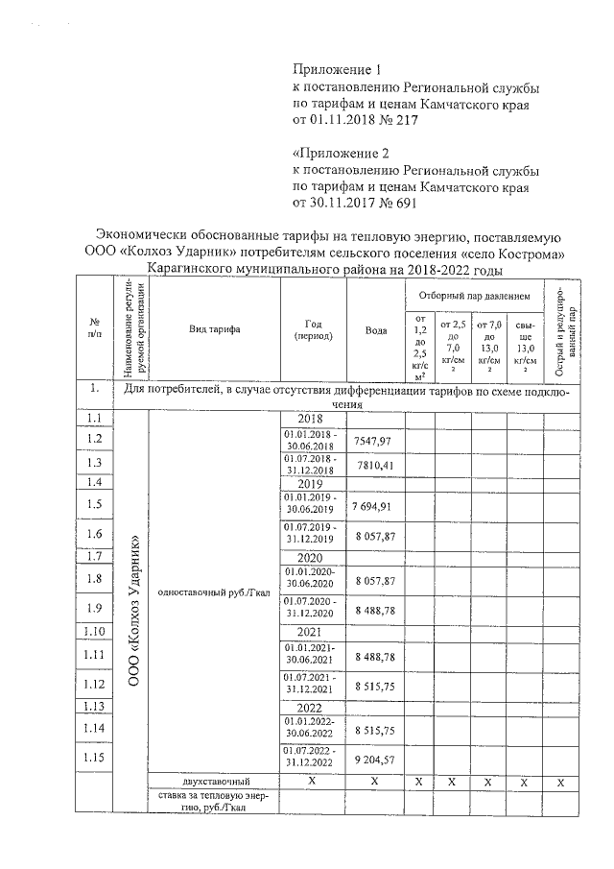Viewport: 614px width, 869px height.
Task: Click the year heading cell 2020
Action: tap(310, 557)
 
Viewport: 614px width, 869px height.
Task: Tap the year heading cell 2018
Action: tap(310, 420)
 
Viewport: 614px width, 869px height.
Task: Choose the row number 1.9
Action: tap(94, 607)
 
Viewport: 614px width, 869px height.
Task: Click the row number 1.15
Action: tap(94, 757)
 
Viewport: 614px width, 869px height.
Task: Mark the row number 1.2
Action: tap(94, 439)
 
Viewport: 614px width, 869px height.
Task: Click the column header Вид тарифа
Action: tap(215, 329)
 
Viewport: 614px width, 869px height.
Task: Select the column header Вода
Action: tap(376, 330)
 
